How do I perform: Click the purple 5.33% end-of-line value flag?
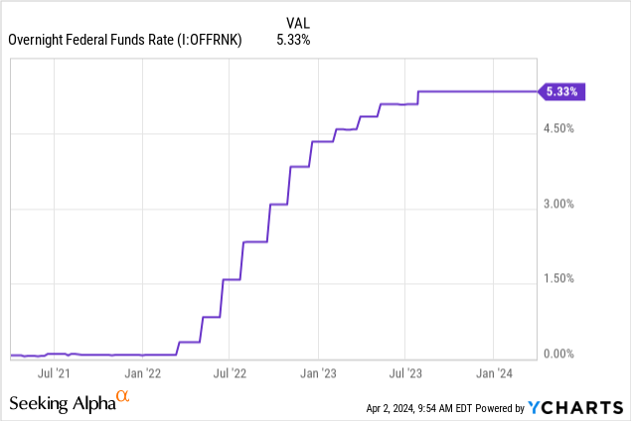(562, 91)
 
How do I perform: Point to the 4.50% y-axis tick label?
(559, 129)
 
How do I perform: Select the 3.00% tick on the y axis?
(559, 205)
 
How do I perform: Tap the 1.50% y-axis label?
(559, 279)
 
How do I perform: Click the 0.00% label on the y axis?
(559, 354)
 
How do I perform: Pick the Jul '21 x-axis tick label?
(53, 375)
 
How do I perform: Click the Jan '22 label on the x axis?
(144, 375)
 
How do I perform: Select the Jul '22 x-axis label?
(230, 375)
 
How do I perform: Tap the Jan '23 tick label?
(318, 375)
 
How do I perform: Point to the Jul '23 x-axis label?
(404, 375)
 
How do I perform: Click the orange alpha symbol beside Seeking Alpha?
(123, 397)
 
